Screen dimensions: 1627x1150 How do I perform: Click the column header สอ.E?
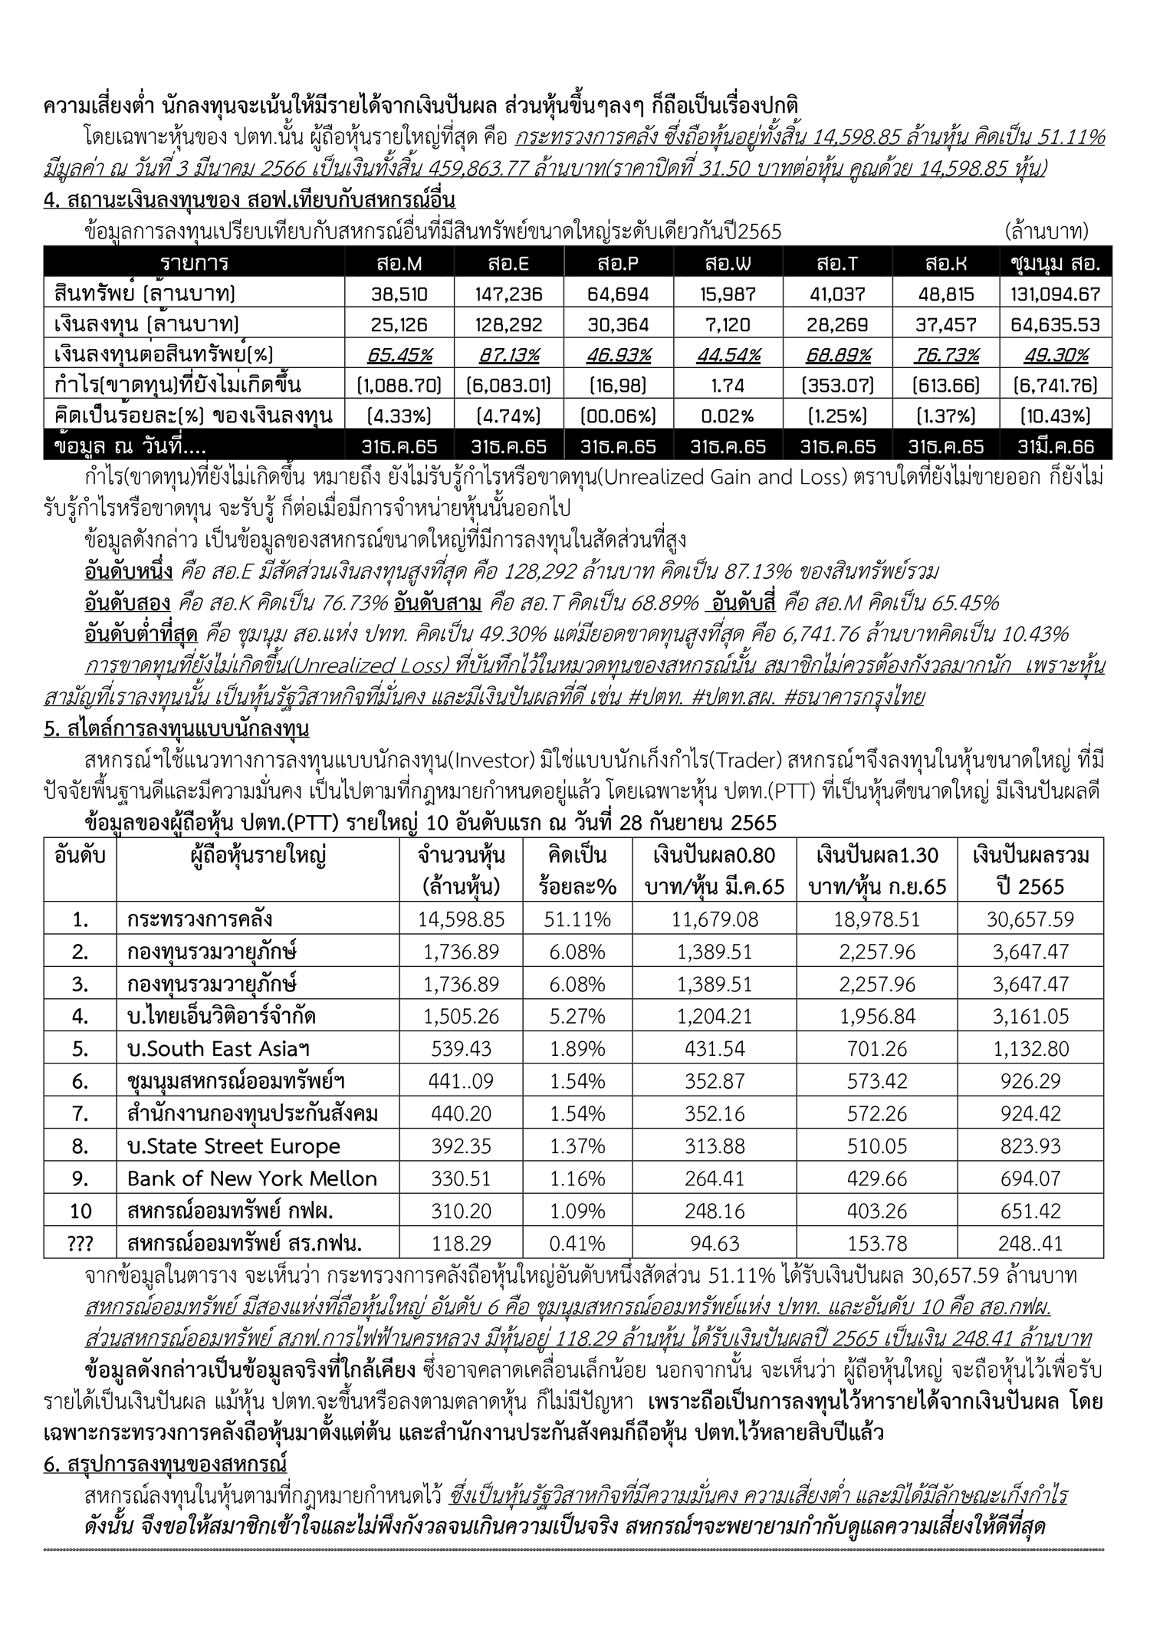tap(508, 263)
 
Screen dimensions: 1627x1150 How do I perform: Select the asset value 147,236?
tap(508, 294)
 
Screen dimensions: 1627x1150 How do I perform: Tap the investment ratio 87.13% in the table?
tap(508, 354)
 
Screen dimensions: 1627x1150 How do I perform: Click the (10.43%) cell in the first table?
tap(1055, 416)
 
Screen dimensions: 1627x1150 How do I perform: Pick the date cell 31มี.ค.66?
tap(1055, 446)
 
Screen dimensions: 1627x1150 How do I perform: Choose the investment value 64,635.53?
tap(1055, 324)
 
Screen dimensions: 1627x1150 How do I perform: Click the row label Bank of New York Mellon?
tap(252, 1178)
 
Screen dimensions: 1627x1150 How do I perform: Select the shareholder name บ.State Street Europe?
tap(234, 1146)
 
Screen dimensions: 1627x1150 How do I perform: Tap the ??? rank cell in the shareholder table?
tap(80, 1243)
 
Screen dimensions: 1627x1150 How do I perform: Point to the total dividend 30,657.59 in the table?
tap(1030, 919)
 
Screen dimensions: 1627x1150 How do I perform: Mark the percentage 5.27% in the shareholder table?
tap(577, 1017)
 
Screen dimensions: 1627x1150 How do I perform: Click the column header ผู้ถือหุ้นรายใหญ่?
tap(258, 855)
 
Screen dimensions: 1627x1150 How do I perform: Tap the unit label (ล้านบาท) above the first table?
tap(1046, 231)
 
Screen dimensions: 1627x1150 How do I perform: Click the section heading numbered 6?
tap(165, 1464)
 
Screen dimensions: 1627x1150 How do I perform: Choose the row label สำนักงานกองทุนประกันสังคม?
tap(253, 1113)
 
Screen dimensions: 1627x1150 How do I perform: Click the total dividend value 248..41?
tap(1030, 1243)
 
